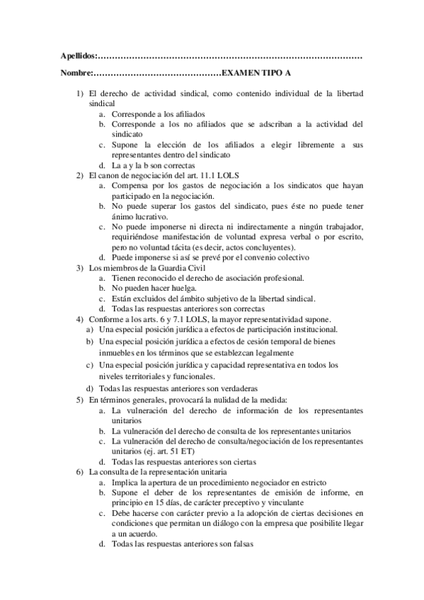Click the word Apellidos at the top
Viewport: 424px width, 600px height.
point(76,55)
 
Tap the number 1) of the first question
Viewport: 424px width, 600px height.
point(81,93)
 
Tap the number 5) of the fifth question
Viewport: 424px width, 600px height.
point(81,400)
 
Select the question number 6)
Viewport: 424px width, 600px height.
point(81,471)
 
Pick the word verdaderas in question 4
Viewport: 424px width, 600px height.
point(235,388)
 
